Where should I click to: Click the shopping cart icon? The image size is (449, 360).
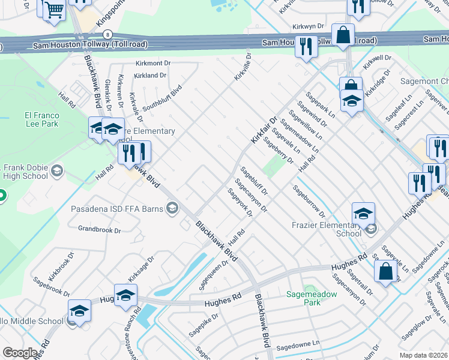[54, 10]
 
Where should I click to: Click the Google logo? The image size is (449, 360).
[20, 353]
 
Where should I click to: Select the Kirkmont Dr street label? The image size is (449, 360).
[154, 63]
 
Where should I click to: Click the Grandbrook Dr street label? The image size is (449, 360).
[100, 229]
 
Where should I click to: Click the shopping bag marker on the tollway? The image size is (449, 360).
[343, 36]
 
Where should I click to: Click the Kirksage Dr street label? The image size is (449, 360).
[140, 268]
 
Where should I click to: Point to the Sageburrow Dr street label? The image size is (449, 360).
[309, 202]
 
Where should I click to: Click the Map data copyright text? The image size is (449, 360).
[424, 355]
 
